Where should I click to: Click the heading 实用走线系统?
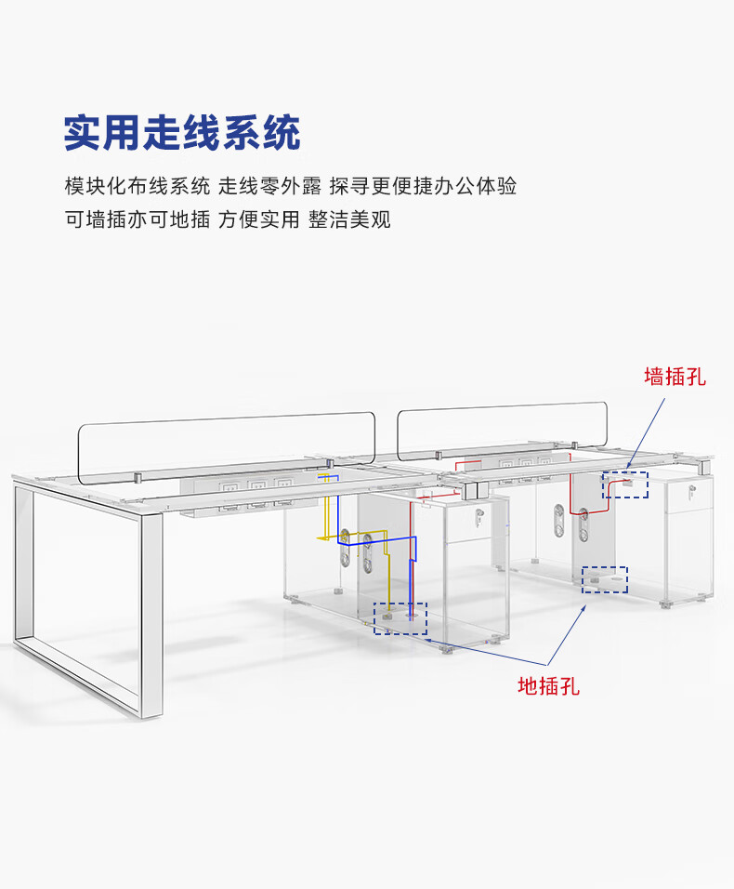(182, 133)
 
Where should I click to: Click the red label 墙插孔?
(675, 376)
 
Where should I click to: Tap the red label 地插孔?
(548, 686)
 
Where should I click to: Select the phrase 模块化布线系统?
(138, 185)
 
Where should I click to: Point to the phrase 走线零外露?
(270, 185)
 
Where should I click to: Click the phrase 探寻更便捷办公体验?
(423, 185)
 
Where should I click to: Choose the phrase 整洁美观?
(350, 219)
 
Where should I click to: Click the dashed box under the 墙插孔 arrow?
(625, 484)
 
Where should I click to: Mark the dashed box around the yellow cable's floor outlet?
(400, 617)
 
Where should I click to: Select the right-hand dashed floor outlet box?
(605, 580)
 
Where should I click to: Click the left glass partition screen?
(226, 447)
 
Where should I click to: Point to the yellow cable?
(326, 521)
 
